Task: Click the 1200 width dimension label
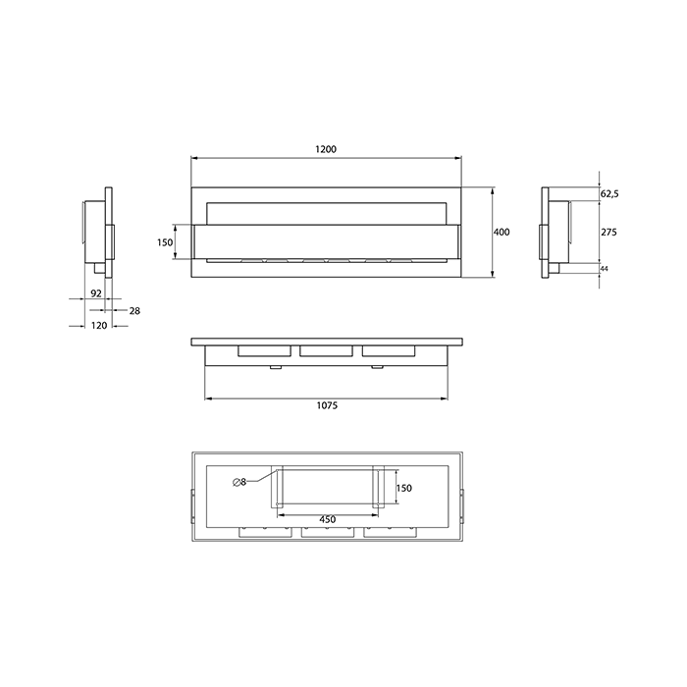326,149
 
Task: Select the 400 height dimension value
502,233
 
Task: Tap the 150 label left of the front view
165,242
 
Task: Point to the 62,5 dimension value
608,194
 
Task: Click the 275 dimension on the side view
609,233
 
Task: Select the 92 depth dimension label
96,292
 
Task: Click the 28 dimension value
134,310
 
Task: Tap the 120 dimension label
98,327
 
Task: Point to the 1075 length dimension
328,407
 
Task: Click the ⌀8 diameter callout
239,481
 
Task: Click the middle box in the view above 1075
327,350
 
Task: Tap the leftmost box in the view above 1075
265,350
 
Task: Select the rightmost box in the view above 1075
389,350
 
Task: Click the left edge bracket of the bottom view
192,503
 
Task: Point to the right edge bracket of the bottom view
463,503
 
